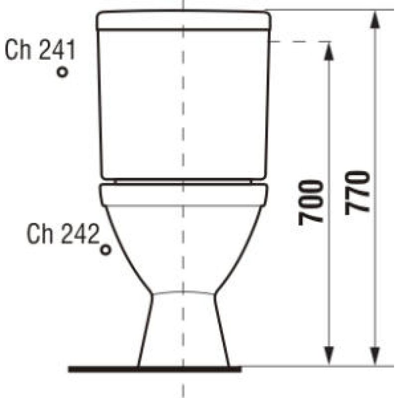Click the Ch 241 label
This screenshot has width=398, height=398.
(40, 49)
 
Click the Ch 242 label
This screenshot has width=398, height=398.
(63, 234)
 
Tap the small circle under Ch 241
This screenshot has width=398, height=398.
(62, 72)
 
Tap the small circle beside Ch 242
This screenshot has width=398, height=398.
(105, 250)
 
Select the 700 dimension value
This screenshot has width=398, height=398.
(310, 202)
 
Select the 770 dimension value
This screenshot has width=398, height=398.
(357, 193)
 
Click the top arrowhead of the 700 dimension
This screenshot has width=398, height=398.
(329, 52)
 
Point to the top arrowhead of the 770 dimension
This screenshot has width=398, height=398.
(375, 20)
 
